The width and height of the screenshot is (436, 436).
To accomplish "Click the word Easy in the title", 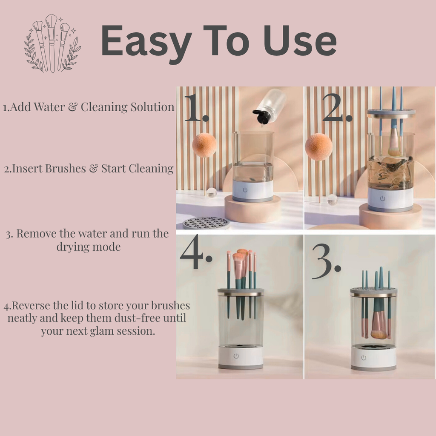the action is [x=146, y=44].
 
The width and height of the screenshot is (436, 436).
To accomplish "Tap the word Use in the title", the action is [x=300, y=40].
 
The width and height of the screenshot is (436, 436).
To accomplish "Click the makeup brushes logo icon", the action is [x=52, y=43].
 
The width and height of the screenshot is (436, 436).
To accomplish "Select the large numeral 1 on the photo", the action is [x=196, y=107].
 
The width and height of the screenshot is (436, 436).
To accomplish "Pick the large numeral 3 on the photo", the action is [x=326, y=261].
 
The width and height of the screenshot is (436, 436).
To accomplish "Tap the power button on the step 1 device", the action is [x=245, y=190].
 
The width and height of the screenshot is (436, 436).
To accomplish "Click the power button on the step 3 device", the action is [x=364, y=358].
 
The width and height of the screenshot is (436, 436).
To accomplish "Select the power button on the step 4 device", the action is [x=236, y=356].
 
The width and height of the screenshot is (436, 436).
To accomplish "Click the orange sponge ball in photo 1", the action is [x=204, y=145].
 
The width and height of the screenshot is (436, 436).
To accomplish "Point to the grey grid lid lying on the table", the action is [x=206, y=223].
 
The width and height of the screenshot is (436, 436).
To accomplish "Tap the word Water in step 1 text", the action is [x=49, y=107].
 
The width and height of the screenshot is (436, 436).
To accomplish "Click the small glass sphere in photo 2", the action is [x=332, y=200].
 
